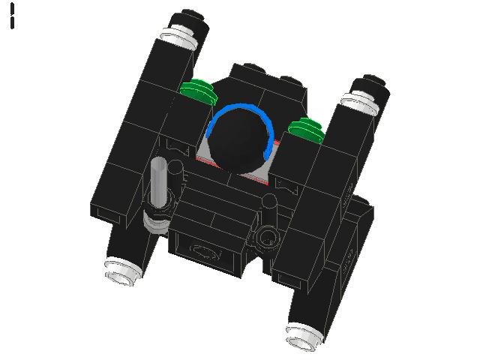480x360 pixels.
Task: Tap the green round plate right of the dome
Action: [307, 128]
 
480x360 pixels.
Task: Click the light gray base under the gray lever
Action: [157, 219]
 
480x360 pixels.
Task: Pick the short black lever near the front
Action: [269, 212]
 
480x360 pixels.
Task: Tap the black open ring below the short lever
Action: [266, 239]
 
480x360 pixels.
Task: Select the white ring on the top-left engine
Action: [175, 34]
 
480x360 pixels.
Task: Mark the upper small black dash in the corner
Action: [13, 8]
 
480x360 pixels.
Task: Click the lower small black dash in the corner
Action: [13, 22]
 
